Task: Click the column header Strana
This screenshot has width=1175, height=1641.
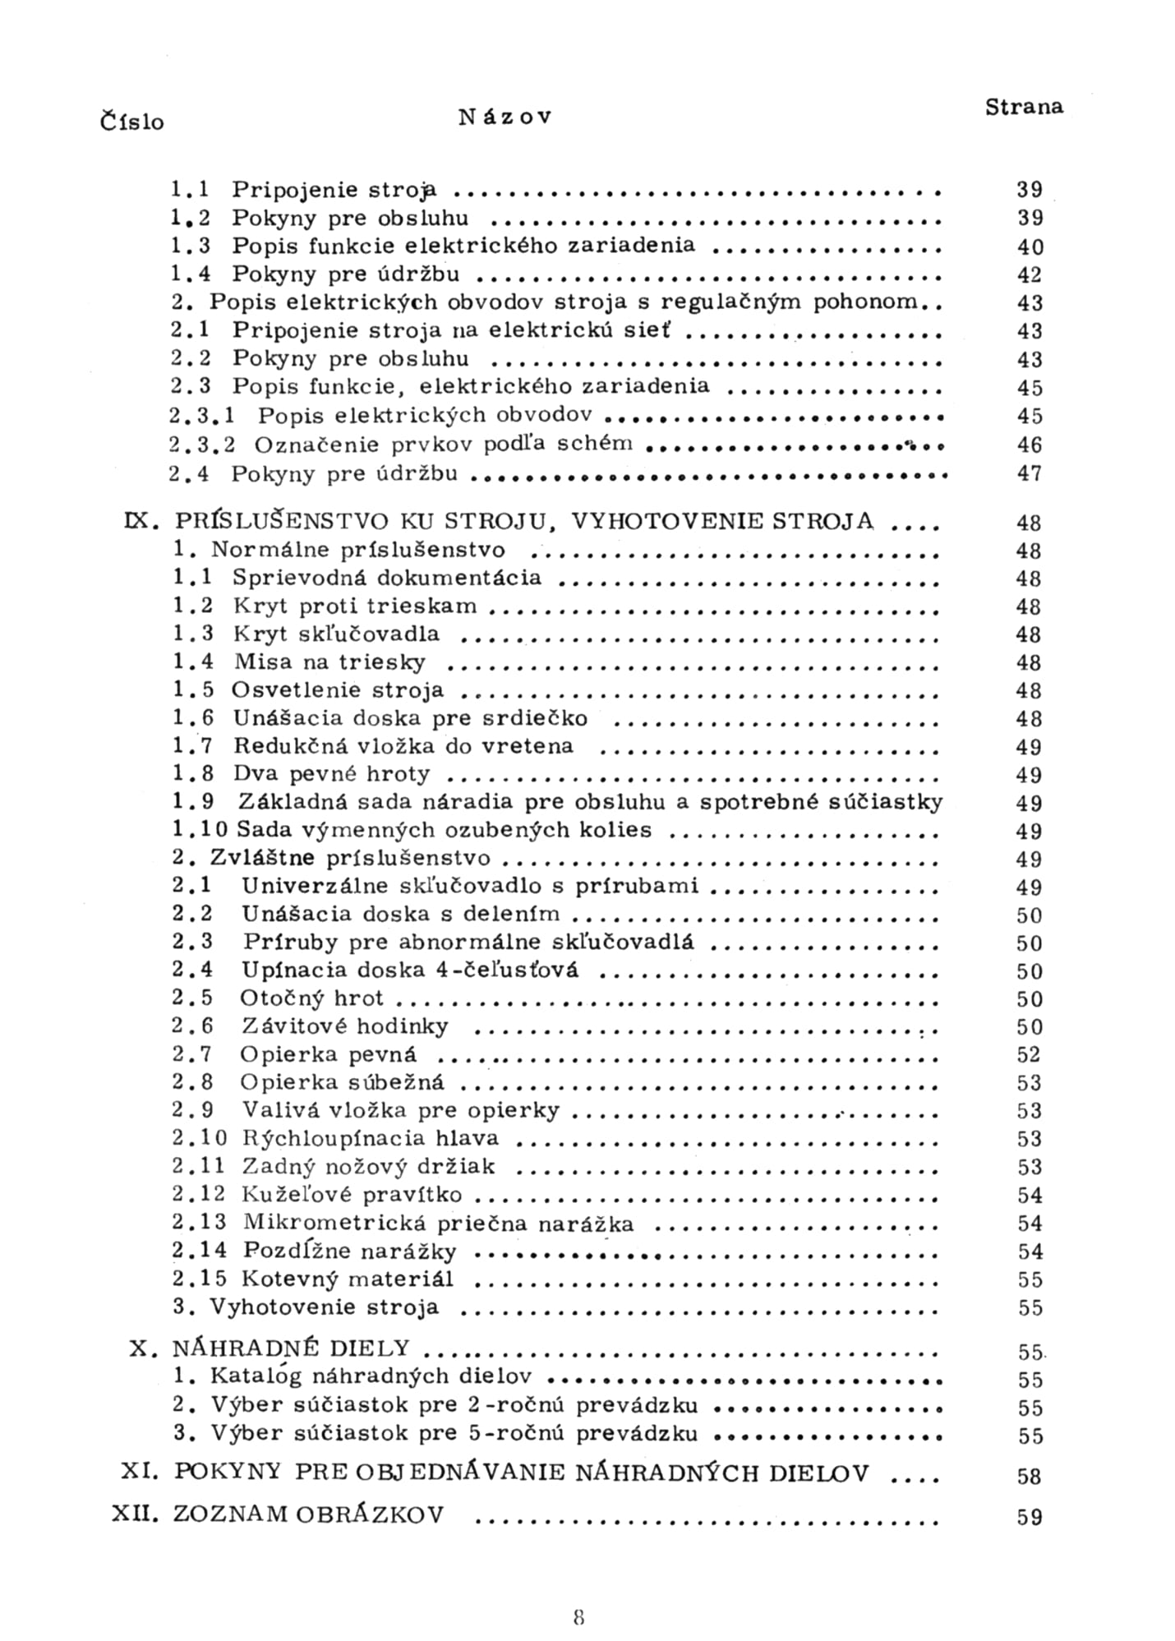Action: click(x=1024, y=107)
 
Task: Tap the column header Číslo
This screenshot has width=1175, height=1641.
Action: click(x=131, y=122)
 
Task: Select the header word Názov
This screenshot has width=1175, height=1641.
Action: click(x=505, y=117)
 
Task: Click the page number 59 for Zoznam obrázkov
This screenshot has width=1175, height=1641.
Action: click(x=1029, y=1517)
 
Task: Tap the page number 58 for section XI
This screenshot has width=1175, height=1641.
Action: click(x=1029, y=1476)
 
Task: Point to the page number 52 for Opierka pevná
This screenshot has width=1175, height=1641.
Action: click(x=1029, y=1054)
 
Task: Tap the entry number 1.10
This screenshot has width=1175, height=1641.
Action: click(x=200, y=830)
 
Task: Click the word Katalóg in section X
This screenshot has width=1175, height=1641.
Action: click(x=256, y=1376)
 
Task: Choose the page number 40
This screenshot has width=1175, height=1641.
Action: click(x=1030, y=247)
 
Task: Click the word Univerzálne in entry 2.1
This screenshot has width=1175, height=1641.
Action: click(x=308, y=886)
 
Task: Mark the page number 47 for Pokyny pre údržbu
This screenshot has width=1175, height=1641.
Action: click(x=1030, y=473)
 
